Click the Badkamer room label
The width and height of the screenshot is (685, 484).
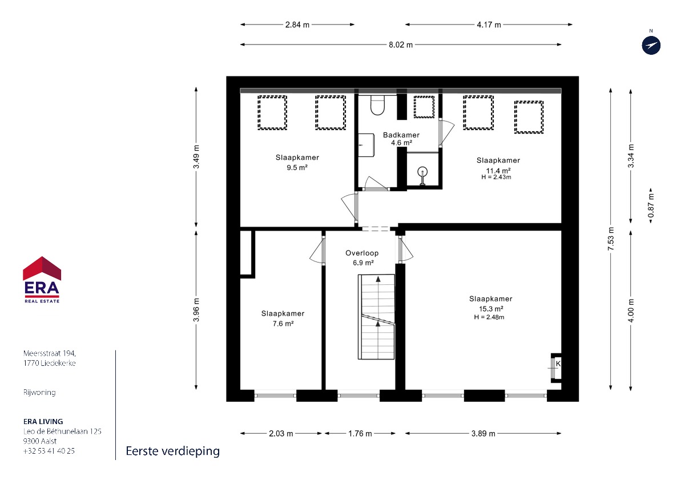click(401, 135)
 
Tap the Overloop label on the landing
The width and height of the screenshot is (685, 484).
click(362, 253)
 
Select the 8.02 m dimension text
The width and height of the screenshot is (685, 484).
click(401, 45)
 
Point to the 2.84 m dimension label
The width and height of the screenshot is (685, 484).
click(297, 25)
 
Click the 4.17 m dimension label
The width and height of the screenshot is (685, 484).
click(489, 25)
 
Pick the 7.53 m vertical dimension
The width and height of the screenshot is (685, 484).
click(611, 239)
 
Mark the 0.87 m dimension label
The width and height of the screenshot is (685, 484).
click(651, 205)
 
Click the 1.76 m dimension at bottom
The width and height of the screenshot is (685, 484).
click(360, 434)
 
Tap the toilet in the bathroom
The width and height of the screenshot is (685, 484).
click(377, 105)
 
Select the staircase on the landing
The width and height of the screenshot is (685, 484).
click(376, 317)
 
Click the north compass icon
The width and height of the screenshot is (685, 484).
click(651, 46)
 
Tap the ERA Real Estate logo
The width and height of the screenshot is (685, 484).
click(42, 280)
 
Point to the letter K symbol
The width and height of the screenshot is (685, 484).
click(558, 364)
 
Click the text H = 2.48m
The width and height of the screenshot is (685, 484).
click(489, 317)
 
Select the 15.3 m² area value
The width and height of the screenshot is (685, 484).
click(491, 309)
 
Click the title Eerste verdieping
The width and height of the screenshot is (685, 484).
click(173, 451)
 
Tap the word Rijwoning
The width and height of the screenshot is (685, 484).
click(39, 393)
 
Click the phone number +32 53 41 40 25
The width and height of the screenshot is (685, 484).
click(49, 451)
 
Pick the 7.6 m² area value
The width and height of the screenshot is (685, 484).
click(283, 324)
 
